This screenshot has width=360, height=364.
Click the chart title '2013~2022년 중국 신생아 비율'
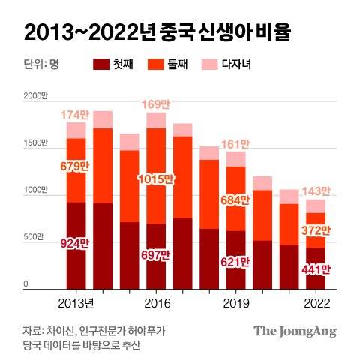[157, 32]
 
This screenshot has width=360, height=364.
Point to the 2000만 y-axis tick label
[35, 96]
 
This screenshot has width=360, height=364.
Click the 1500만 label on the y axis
[35, 143]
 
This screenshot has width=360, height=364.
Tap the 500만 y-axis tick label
[34, 238]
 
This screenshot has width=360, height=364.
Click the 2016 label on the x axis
[157, 304]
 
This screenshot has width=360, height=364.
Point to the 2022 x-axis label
[316, 304]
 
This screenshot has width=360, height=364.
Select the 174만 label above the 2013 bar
[76, 114]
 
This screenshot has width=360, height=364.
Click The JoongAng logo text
[295, 332]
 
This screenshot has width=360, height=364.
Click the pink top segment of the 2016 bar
[156, 121]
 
